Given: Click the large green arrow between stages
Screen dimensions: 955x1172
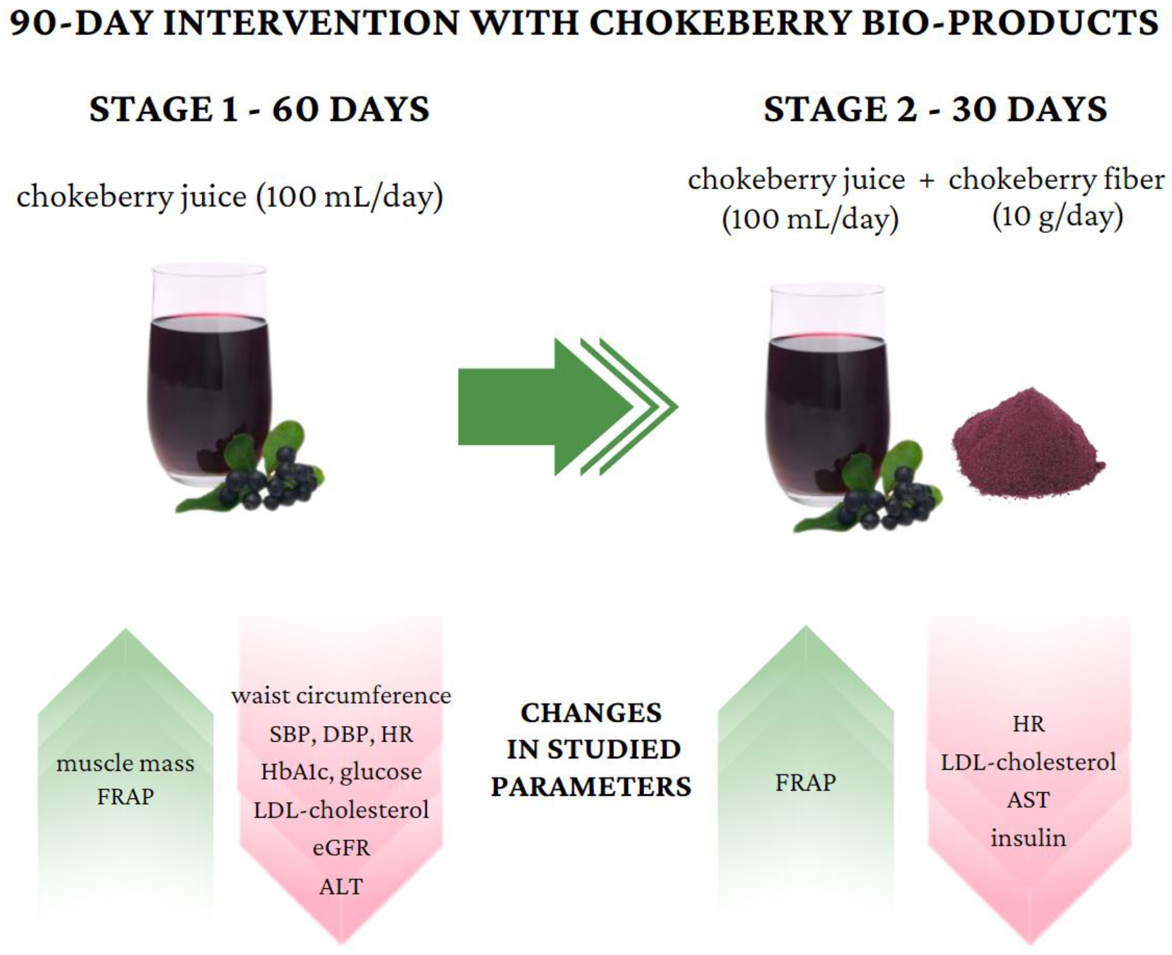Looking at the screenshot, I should point(545,407).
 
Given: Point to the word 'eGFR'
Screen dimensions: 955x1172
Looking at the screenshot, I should point(341,848).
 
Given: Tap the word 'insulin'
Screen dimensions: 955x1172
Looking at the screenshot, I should point(1028,838).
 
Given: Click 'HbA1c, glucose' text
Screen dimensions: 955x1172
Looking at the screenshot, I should point(341,771).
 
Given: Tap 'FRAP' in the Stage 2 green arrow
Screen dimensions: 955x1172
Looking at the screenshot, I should point(805,782).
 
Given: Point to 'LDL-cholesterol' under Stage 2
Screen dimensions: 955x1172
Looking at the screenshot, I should point(1028,762).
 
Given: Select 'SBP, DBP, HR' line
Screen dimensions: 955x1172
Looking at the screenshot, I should point(341,734).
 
